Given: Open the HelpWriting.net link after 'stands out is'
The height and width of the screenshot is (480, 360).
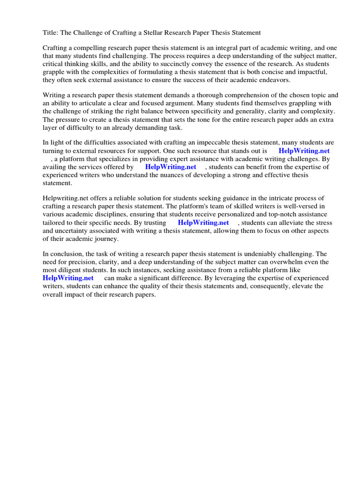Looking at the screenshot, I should [304, 151].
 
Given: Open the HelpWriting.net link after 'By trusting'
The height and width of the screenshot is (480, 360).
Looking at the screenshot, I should [203, 223].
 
